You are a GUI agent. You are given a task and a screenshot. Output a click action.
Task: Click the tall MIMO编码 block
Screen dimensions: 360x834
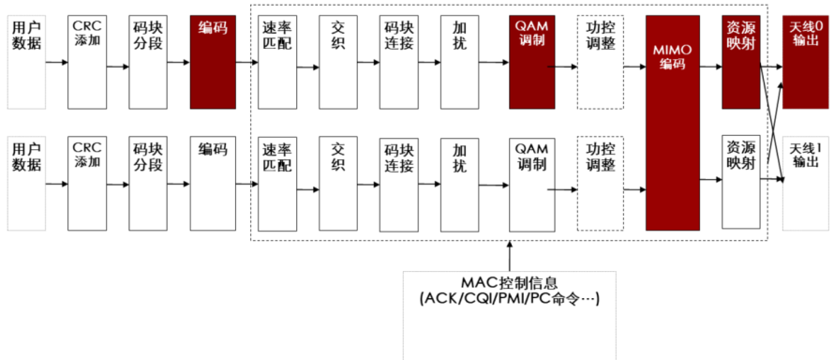coord(672,122)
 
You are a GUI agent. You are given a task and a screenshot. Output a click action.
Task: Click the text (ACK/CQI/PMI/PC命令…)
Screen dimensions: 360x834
coord(509,299)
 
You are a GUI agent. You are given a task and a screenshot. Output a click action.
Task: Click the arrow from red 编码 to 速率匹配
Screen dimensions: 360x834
coord(247,63)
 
